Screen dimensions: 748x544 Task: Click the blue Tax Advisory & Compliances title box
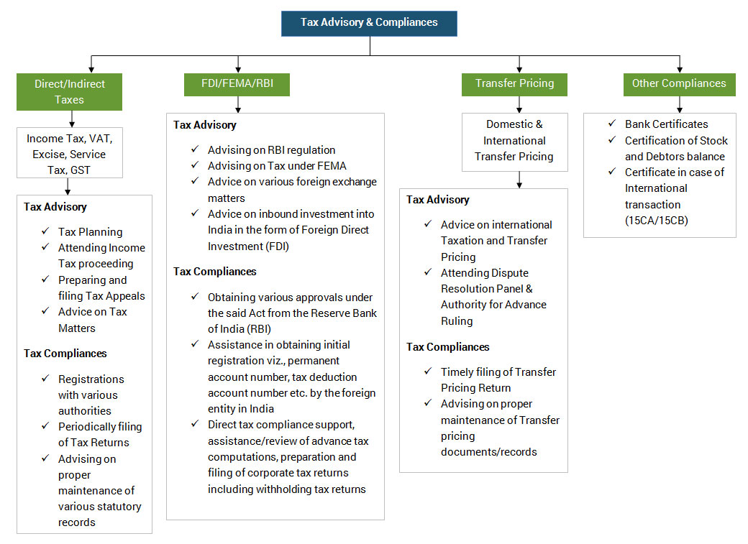[x=369, y=24]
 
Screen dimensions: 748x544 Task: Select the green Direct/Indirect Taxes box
[x=69, y=91]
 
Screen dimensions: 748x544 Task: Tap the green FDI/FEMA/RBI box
[x=237, y=84]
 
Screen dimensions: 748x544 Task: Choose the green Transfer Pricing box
[x=514, y=84]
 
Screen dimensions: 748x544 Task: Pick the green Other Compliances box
[x=679, y=84]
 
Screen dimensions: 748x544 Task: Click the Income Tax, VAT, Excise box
[x=70, y=152]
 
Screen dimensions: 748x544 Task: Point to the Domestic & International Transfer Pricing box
[x=515, y=142]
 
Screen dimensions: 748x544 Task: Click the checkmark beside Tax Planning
[x=45, y=231]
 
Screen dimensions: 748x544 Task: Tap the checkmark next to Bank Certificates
[x=612, y=124]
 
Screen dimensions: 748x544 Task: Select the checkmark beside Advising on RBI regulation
[x=195, y=149]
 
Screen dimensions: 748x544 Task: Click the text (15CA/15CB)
[x=657, y=221]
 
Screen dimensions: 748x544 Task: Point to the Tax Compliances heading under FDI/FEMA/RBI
[x=214, y=272]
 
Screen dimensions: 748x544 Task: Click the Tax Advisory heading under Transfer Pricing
[x=438, y=200]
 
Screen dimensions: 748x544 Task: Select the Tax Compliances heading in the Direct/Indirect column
[x=65, y=354]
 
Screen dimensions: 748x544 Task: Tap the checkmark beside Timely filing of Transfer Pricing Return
[x=428, y=371]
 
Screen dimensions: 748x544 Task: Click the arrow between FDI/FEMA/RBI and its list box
[x=238, y=104]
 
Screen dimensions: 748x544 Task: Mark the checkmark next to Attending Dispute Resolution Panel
[x=428, y=272]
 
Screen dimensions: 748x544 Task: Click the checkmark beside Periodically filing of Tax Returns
[x=45, y=425]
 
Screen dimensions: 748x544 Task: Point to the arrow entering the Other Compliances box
[x=680, y=65]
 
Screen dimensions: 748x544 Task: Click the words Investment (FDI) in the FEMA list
[x=249, y=246]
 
